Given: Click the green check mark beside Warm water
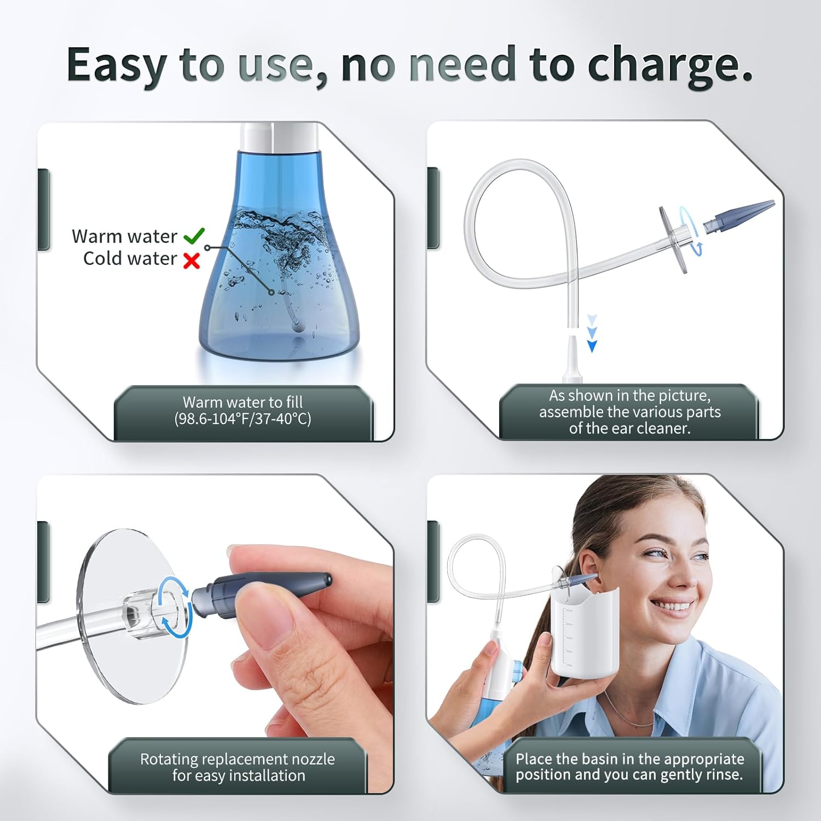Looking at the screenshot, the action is click(x=194, y=235).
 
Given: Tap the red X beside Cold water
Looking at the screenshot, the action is click(x=192, y=261).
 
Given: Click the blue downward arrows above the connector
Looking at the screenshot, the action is click(x=592, y=333).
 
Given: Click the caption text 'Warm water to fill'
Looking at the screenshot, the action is click(x=242, y=402).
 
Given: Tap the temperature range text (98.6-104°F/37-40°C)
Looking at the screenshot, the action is click(x=242, y=419).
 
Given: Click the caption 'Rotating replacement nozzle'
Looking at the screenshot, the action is click(x=238, y=759).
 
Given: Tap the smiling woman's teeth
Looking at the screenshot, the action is click(x=675, y=606).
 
